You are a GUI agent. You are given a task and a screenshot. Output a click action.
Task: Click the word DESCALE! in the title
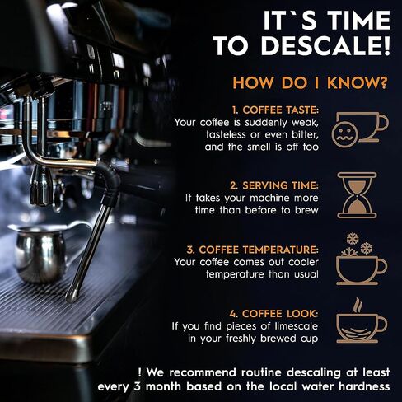tap(325, 45)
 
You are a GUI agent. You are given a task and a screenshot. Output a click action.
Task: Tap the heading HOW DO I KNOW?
tap(310, 82)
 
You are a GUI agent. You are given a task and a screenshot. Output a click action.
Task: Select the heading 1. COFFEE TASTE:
tap(275, 110)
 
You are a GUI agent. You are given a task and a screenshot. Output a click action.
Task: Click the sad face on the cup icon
tap(344, 133)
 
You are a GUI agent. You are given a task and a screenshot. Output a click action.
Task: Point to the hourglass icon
tap(357, 195)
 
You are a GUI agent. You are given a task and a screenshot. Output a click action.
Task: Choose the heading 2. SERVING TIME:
tap(274, 185)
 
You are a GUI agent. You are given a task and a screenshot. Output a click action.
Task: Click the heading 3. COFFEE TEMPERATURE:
tap(253, 250)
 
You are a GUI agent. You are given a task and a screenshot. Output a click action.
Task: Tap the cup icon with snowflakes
tap(362, 259)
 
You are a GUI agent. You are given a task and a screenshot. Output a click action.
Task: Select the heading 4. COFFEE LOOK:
tap(273, 314)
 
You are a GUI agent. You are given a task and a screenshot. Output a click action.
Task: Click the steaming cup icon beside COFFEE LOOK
tap(362, 320)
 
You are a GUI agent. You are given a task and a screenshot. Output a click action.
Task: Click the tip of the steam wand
tap(72, 298)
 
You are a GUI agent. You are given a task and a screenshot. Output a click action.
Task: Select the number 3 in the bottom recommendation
tap(137, 386)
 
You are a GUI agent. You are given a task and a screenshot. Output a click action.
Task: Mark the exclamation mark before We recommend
tap(140, 372)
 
